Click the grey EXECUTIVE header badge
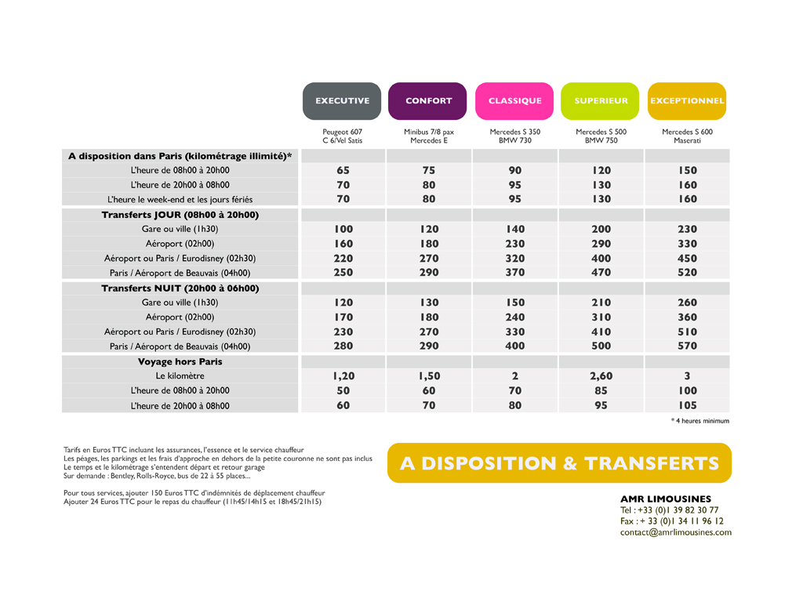(x=342, y=101)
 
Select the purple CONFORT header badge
(x=427, y=101)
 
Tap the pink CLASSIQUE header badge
(x=514, y=101)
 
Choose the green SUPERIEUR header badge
(x=600, y=101)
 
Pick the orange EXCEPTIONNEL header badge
(x=687, y=101)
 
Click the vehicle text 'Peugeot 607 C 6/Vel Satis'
(x=342, y=136)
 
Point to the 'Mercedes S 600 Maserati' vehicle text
(x=687, y=136)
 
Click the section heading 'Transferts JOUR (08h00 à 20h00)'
(x=180, y=215)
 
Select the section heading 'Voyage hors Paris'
(x=180, y=362)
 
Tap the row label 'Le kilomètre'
(x=180, y=376)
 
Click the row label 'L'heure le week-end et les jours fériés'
(x=180, y=200)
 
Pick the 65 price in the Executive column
(x=343, y=170)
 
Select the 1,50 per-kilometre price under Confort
(x=429, y=376)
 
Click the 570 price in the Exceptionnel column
(x=687, y=346)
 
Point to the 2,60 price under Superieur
(x=601, y=376)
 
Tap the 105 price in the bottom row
(x=687, y=405)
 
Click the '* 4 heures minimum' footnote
(x=700, y=421)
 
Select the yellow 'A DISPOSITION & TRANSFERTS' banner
(x=559, y=462)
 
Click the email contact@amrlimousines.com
(x=676, y=532)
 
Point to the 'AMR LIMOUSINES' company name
(x=666, y=499)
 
